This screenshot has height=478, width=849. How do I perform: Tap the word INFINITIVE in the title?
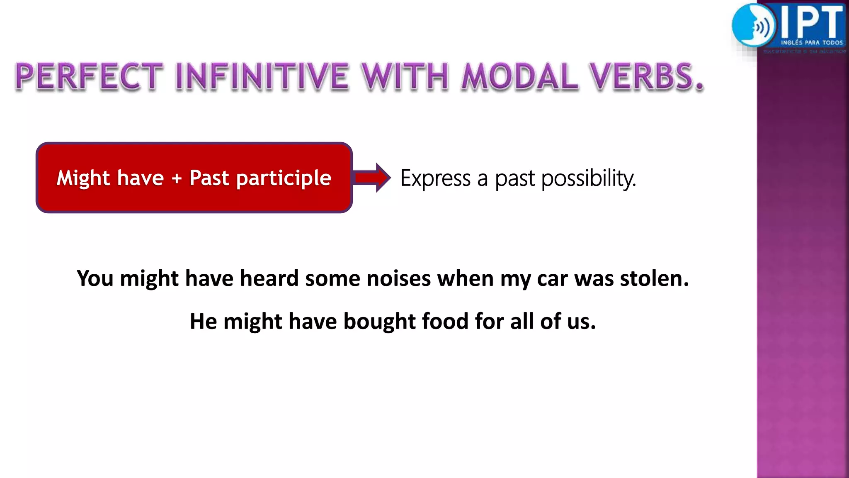pyautogui.click(x=262, y=77)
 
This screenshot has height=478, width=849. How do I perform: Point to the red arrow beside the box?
pyautogui.click(x=372, y=178)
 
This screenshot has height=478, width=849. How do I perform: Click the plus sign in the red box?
pyautogui.click(x=177, y=178)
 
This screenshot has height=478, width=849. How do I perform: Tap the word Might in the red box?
pyautogui.click(x=83, y=178)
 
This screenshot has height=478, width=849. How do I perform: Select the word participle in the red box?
pyautogui.click(x=284, y=178)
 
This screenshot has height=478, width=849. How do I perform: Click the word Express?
pyautogui.click(x=435, y=178)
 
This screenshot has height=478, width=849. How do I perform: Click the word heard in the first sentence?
pyautogui.click(x=269, y=278)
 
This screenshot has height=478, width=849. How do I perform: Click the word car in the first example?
pyautogui.click(x=552, y=278)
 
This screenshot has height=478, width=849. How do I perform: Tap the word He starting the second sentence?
pyautogui.click(x=203, y=321)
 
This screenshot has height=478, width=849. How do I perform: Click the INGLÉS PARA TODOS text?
pyautogui.click(x=812, y=42)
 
